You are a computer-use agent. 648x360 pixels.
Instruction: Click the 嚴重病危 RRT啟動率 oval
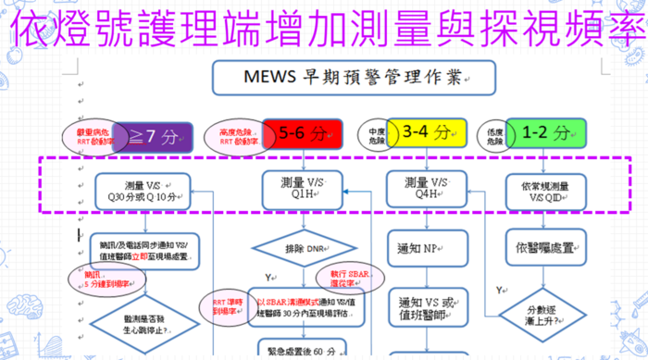[x=95, y=137]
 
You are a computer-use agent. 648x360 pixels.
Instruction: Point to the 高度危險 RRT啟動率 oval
[x=234, y=137]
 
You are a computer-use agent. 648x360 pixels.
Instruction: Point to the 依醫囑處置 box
[x=551, y=249]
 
